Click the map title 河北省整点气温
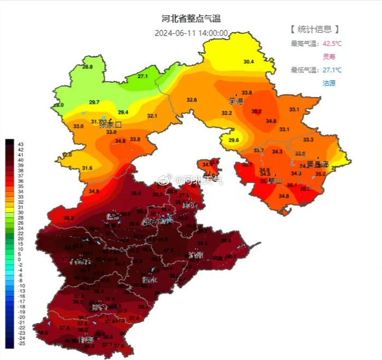(x=191, y=19)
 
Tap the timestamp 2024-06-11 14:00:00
(x=191, y=33)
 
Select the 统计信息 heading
(x=315, y=29)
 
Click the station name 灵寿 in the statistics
(x=330, y=57)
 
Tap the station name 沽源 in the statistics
(x=329, y=83)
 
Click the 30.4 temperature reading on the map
(x=249, y=62)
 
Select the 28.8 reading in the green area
(x=87, y=67)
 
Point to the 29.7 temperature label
(x=94, y=103)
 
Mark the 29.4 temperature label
(x=123, y=112)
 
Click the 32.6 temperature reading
(x=192, y=100)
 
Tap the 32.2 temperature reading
(x=226, y=113)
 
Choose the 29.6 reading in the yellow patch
(x=234, y=140)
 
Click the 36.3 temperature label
(x=69, y=218)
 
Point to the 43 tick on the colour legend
(x=21, y=144)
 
